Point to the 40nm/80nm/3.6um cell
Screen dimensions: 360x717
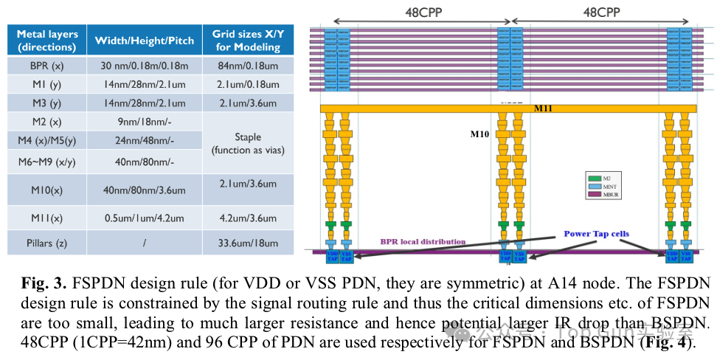coord(145,190)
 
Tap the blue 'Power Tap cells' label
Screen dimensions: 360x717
coord(596,234)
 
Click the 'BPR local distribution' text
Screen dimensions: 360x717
coord(423,241)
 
